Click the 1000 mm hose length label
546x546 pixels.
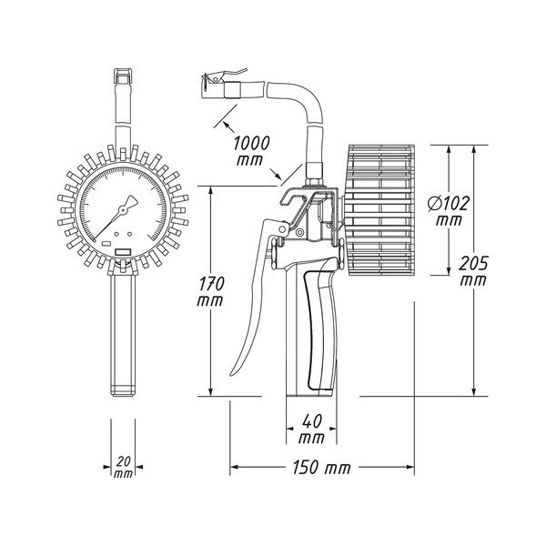coord(251,150)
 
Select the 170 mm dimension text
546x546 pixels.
coord(210,292)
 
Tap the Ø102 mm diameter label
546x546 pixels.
coord(449,211)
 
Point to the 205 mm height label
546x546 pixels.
coord(473,271)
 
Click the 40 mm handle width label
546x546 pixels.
coord(311,429)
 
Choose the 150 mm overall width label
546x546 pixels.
coord(321,468)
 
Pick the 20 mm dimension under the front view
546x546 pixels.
coord(123,468)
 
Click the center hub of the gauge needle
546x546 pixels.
coord(123,210)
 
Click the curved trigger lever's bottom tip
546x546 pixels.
coord(232,374)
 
